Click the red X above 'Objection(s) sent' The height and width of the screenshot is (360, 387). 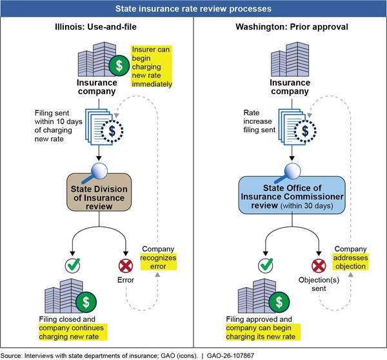click(x=317, y=263)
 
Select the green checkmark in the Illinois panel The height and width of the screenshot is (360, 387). click(x=73, y=263)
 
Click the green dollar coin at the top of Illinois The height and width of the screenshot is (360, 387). click(x=118, y=65)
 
